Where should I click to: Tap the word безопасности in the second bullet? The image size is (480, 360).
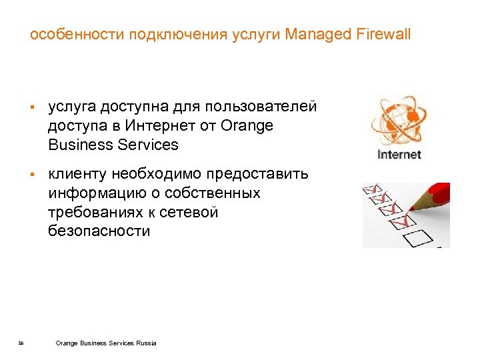point(99,231)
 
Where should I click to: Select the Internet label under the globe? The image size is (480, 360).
point(399,155)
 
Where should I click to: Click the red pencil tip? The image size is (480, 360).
point(411,205)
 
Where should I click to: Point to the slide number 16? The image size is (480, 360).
point(21,343)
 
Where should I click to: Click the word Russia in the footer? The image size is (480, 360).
point(146,343)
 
